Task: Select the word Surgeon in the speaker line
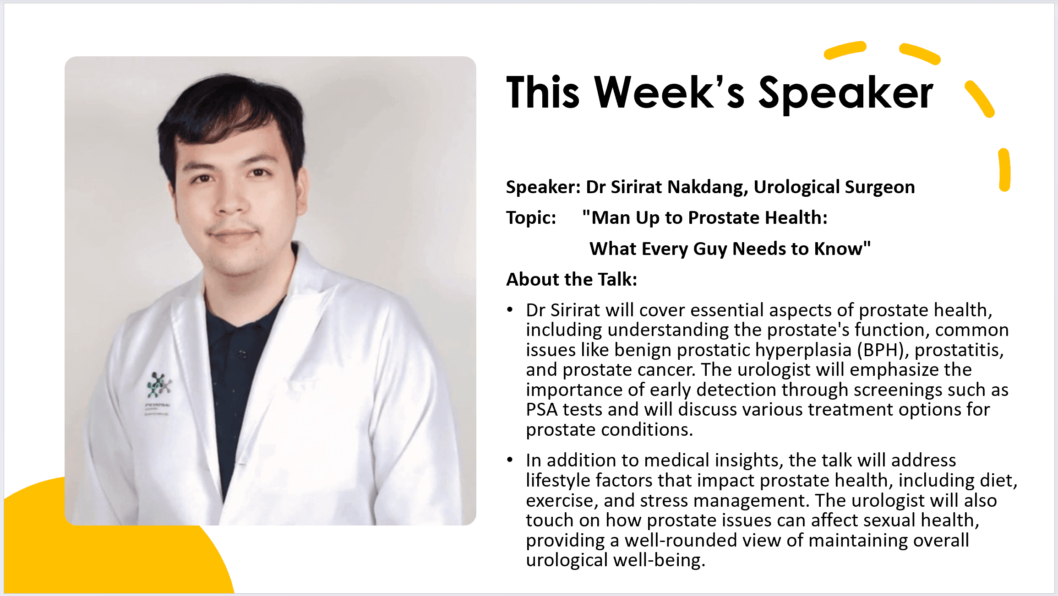(880, 188)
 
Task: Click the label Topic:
(531, 218)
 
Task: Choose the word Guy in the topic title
(710, 249)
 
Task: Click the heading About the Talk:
(572, 279)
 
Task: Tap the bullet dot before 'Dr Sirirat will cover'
(510, 310)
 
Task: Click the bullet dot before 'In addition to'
(510, 460)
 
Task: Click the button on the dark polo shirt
(242, 354)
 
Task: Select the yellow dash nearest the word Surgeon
(1004, 169)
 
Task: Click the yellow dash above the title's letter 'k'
(845, 50)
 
